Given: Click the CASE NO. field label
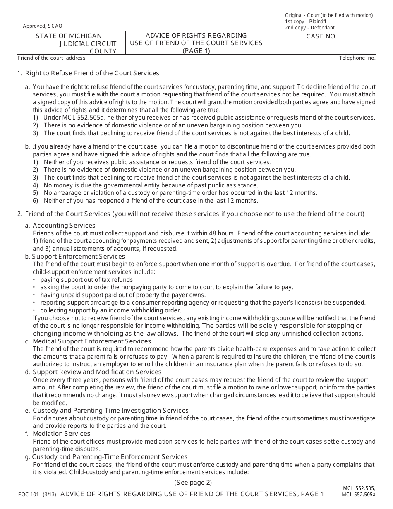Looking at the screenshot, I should [x=321, y=36].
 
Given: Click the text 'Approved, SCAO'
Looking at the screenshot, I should [x=40, y=26].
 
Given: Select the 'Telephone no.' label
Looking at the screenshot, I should [x=357, y=58].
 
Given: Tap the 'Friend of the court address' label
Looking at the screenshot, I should [x=51, y=58].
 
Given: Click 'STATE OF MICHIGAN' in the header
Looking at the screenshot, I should [x=69, y=36].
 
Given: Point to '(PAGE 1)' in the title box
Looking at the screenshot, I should [x=196, y=51].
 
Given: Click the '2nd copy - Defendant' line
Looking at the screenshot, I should [x=309, y=28].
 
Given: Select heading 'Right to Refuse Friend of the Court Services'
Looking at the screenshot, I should [x=92, y=73].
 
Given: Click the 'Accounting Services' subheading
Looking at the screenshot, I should [x=64, y=226].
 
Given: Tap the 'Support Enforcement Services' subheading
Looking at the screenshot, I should [x=78, y=257].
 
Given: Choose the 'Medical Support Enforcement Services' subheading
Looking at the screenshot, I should [x=91, y=341].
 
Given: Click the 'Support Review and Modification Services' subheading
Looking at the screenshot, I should [x=97, y=372].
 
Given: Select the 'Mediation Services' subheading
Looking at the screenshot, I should [x=61, y=434].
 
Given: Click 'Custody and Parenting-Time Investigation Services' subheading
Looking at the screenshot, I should [x=110, y=411].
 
